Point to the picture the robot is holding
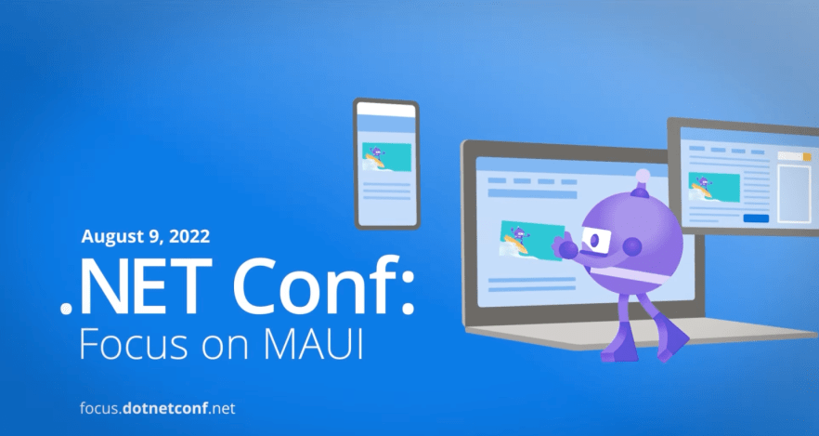click(531, 240)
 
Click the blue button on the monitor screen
click(756, 218)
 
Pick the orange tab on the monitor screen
click(806, 156)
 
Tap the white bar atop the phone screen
click(385, 110)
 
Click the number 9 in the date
click(158, 235)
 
